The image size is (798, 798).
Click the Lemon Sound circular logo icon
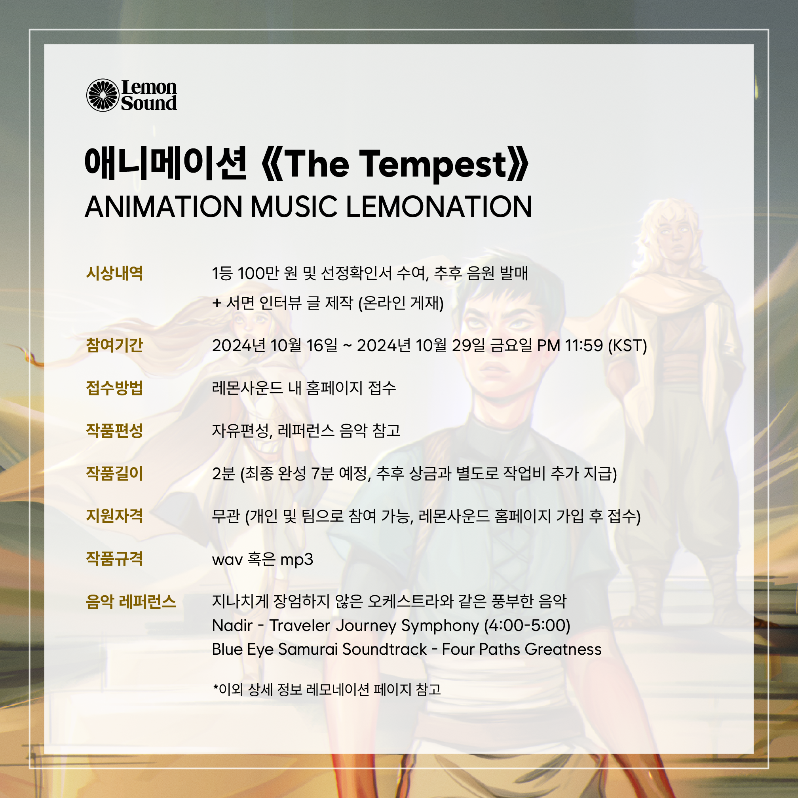coord(103,95)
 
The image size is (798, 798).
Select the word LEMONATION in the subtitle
coord(439,207)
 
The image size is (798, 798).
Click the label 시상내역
coord(114,274)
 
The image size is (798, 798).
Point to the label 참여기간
coord(114,345)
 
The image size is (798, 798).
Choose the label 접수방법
coord(114,388)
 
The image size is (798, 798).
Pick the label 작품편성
coord(114,431)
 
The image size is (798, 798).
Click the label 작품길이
coord(114,473)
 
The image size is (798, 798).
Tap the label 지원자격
coord(114,516)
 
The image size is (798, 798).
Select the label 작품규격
coord(114,559)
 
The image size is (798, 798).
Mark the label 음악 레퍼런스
coord(131,601)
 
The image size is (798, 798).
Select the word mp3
coord(296,560)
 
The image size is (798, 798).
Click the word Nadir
coord(232,625)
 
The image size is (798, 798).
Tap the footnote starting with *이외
coord(327,690)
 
